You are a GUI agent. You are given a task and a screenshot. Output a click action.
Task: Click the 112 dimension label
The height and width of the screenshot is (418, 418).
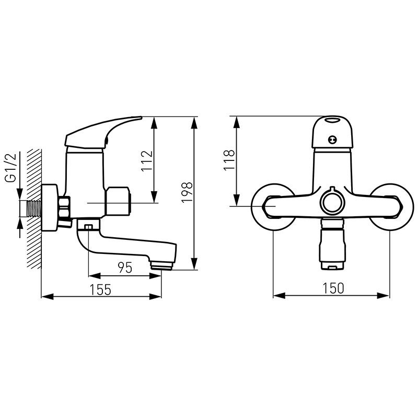point(147,161)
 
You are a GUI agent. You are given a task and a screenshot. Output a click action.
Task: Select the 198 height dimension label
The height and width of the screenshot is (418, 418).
point(187,192)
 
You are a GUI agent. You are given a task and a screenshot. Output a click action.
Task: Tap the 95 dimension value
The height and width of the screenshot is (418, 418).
point(125,268)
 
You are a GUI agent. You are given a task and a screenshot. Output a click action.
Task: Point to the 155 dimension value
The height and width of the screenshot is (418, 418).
point(100,290)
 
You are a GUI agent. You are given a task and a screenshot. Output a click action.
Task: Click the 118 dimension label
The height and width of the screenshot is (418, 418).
point(229,160)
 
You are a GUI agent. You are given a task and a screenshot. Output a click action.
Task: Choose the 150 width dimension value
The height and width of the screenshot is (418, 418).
point(333,288)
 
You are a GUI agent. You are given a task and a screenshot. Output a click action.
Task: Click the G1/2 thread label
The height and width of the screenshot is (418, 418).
point(11,168)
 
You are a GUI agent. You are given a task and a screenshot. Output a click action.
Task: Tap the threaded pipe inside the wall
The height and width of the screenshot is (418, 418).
point(34,208)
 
